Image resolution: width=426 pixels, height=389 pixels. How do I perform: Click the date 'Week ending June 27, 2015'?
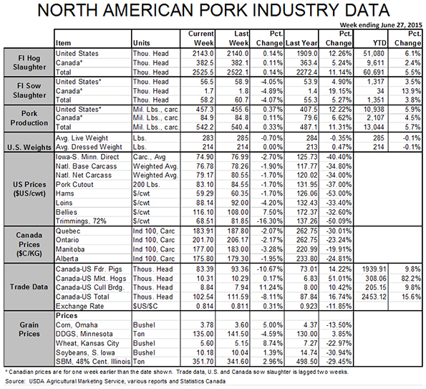coord(381,25)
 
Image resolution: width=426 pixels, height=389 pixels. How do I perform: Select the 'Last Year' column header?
coord(301,43)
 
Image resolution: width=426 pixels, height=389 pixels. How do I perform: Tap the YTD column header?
coord(379,43)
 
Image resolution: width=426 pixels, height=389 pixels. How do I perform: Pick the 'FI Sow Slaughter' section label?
coord(29,90)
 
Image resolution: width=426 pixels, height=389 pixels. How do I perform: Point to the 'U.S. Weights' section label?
coord(29,148)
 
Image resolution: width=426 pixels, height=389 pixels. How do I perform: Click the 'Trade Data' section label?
coord(29,287)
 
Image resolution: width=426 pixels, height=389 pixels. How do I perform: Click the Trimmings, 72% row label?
coord(81,221)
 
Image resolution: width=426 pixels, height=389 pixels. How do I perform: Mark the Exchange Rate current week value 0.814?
coord(204,307)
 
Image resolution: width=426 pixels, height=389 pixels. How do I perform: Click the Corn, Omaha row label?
coord(77,325)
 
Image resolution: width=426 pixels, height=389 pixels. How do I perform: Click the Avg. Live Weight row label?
coord(82,138)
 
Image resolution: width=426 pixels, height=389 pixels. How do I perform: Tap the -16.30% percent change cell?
coord(269,221)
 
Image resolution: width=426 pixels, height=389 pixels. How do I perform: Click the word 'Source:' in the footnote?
coord(15,381)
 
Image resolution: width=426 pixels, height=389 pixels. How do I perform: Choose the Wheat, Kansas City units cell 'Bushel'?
coord(144,343)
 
